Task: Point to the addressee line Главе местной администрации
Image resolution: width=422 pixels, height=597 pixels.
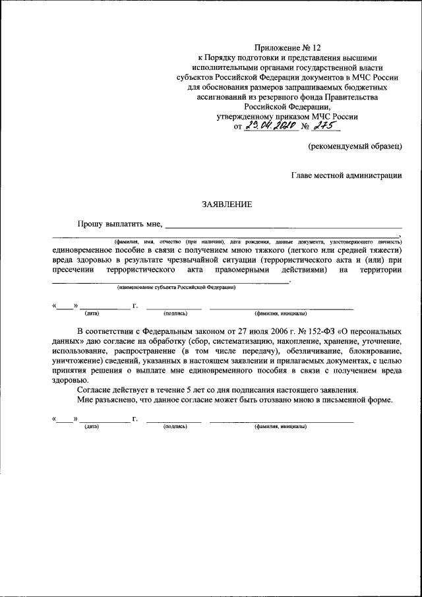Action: tap(346, 175)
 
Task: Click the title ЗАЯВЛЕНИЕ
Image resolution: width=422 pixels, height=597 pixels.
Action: tap(227, 205)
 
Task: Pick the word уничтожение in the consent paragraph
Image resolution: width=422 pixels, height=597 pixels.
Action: tap(76, 361)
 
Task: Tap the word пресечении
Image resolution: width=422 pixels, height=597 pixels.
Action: tap(74, 269)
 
